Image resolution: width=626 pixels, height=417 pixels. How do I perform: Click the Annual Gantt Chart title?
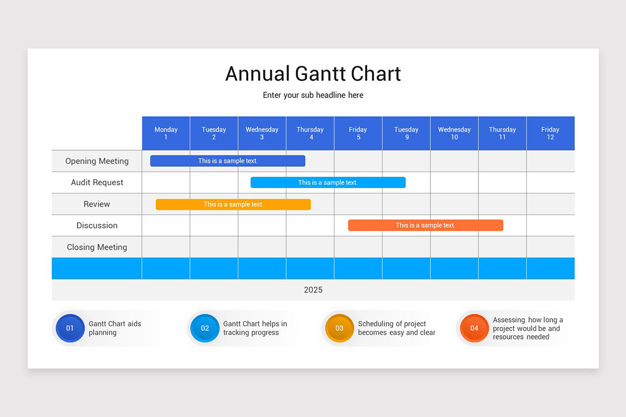313,73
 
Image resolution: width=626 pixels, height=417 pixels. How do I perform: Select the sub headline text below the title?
313,95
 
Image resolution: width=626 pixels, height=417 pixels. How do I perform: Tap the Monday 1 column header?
166,133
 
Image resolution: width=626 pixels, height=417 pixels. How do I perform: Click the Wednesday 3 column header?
262,133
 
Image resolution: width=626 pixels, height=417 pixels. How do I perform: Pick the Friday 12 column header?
550,133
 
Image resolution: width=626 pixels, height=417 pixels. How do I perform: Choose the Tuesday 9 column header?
406,133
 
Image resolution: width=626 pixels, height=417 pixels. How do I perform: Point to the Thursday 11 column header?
502,133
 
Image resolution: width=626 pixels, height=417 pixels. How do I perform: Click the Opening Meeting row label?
97,161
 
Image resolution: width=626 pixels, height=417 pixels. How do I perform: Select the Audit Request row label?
97,182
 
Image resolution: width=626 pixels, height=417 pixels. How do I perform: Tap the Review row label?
97,204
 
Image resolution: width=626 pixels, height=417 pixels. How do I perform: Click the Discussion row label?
97,226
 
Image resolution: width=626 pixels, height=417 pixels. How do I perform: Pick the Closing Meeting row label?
97,247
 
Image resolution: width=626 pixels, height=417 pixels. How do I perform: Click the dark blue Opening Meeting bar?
227,161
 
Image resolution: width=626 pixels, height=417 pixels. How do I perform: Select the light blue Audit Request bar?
328,182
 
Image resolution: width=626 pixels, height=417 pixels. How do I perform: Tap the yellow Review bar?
233,204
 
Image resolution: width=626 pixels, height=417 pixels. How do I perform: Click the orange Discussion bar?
425,225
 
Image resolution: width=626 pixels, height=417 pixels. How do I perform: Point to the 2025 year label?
313,290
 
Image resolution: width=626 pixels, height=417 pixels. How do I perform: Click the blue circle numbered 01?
70,328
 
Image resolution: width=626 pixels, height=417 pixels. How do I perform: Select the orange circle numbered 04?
474,328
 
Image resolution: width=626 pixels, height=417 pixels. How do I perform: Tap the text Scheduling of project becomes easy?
396,328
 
